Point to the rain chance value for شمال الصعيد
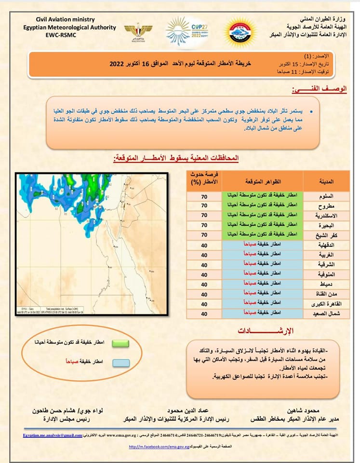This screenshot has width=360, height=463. click(204, 313)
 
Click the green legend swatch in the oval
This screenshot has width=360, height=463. click(116, 343)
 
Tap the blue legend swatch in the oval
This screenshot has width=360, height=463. click(116, 362)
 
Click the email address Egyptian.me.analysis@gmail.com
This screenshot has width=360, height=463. click(53, 436)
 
